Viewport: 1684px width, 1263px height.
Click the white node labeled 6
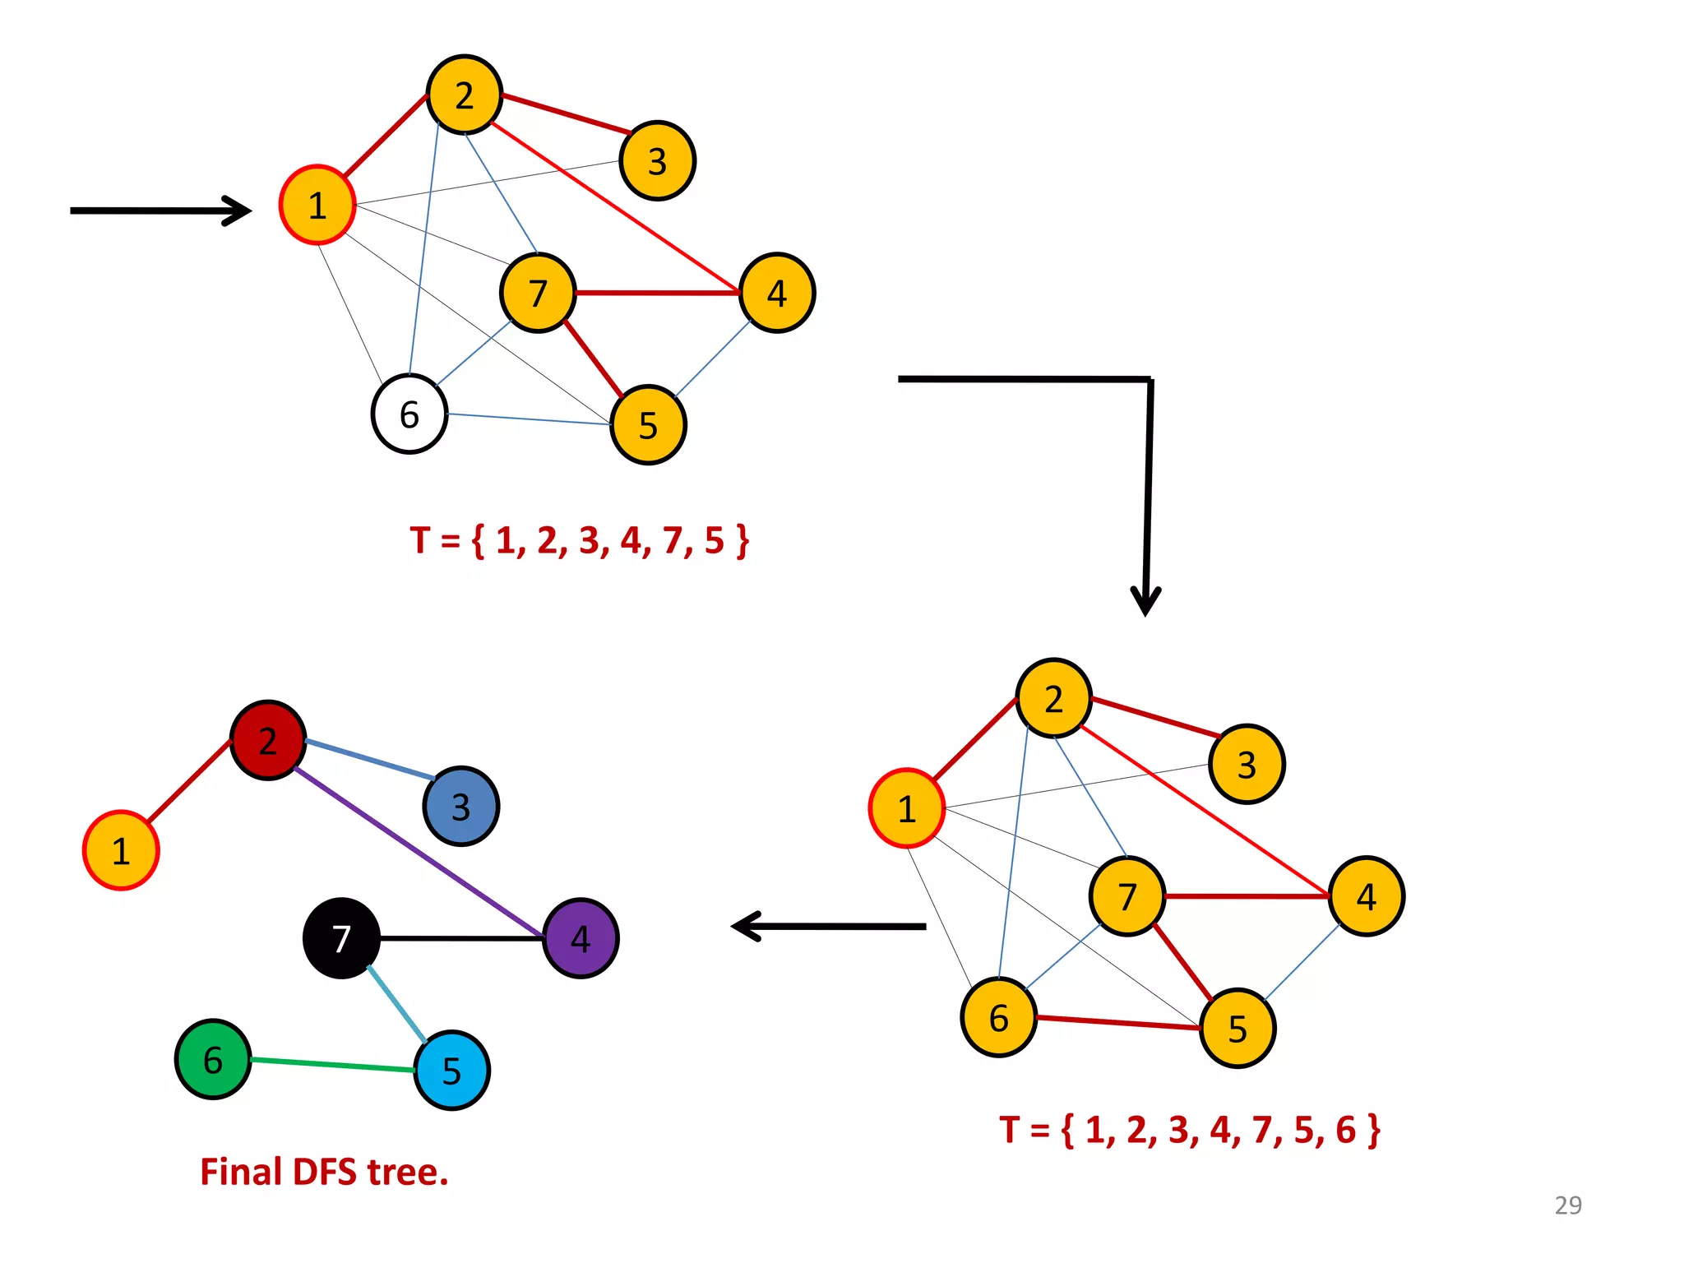pyautogui.click(x=409, y=414)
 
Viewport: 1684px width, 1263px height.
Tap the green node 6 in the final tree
pyautogui.click(x=213, y=1059)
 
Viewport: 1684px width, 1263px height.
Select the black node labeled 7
pyautogui.click(x=341, y=938)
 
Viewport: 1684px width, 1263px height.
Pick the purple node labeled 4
pyautogui.click(x=581, y=938)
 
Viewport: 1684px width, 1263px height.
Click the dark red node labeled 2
pyautogui.click(x=268, y=740)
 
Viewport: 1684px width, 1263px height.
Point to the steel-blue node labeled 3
pyautogui.click(x=460, y=806)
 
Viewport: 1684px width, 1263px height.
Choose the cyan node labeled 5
pyautogui.click(x=451, y=1070)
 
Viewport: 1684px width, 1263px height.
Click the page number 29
pyautogui.click(x=1567, y=1205)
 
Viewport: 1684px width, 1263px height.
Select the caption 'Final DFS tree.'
pyautogui.click(x=324, y=1172)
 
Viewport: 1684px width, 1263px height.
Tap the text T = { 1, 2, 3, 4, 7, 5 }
pyautogui.click(x=580, y=540)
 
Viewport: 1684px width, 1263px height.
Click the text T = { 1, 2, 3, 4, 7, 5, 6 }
pyautogui.click(x=1189, y=1130)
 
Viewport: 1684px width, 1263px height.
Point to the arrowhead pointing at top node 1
pyautogui.click(x=238, y=210)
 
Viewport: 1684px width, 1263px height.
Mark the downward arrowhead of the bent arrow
pyautogui.click(x=1145, y=600)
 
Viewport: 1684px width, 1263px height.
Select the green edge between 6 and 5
pyautogui.click(x=332, y=1064)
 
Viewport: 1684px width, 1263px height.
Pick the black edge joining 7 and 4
pyautogui.click(x=460, y=938)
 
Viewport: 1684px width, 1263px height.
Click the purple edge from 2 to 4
pyautogui.click(x=419, y=853)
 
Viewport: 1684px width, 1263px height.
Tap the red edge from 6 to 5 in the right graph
pyautogui.click(x=1118, y=1023)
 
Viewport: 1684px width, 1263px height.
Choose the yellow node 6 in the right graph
pyautogui.click(x=998, y=1017)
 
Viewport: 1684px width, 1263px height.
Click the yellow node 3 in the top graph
pyautogui.click(x=657, y=160)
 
